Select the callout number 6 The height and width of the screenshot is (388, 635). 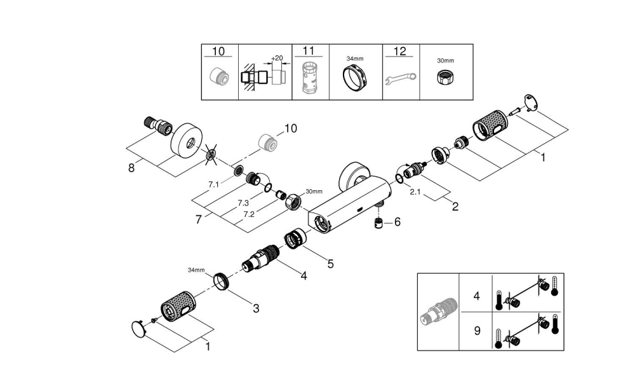click(x=398, y=222)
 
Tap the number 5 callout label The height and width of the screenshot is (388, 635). click(x=330, y=261)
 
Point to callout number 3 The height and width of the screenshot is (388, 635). click(x=255, y=308)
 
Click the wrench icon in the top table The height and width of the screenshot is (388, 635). click(x=401, y=79)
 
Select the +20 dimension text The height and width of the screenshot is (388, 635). click(x=276, y=58)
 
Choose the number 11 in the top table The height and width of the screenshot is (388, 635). click(x=309, y=51)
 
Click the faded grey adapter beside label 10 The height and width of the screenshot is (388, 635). click(x=269, y=143)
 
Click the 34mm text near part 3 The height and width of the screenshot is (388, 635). click(x=196, y=270)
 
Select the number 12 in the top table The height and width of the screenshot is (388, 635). click(x=400, y=51)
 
